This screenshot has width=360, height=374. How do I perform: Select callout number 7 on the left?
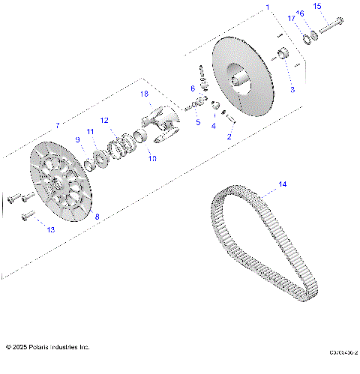pos(56,125)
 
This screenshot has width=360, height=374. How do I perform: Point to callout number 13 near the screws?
pos(50,229)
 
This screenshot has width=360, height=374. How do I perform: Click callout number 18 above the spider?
pos(145,94)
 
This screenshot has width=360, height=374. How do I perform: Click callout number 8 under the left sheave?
pos(96,216)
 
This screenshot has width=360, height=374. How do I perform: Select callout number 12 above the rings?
pos(105,120)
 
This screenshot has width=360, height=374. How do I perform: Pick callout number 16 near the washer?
pos(301,13)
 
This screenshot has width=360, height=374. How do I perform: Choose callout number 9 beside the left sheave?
pos(77,139)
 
